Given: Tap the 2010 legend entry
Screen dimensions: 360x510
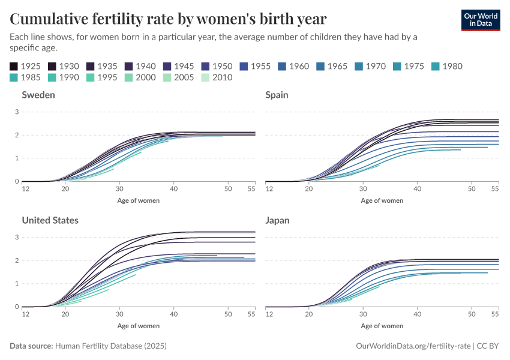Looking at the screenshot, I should point(216,77).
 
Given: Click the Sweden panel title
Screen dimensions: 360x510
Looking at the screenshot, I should point(38,95).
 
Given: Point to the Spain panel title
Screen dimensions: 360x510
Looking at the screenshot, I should point(277,95).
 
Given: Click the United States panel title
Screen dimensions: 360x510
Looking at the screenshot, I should point(50,220).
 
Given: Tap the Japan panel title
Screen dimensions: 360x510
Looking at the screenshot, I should point(277,220).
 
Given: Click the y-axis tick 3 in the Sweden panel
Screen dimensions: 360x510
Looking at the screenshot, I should point(17,112).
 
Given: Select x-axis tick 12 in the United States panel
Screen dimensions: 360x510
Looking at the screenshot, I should point(26,314).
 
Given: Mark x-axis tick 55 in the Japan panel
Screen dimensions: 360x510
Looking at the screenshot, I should point(496,314).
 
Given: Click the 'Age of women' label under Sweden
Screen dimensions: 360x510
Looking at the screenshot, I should point(139,200).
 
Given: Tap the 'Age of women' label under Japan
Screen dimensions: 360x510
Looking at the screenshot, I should point(382,326).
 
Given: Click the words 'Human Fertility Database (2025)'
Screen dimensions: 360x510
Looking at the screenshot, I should point(111,346).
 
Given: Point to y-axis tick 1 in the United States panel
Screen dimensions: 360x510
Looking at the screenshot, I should point(17,284).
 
